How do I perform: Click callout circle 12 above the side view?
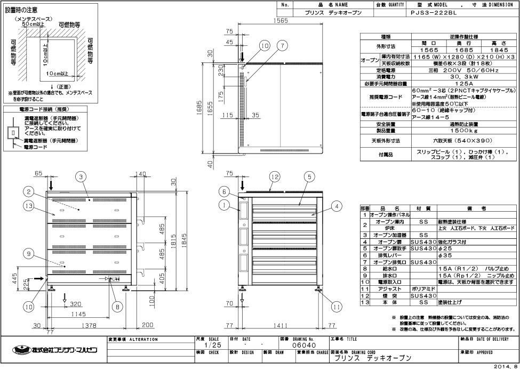point(274,176)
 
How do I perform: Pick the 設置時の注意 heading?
point(21,10)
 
